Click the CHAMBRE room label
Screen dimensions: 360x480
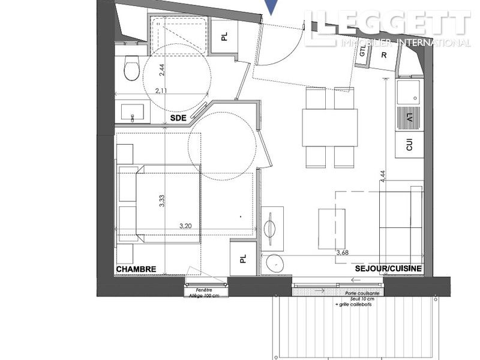click(x=136, y=269)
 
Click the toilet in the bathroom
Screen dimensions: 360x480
click(x=131, y=69)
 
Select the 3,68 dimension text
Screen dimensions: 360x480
click(x=343, y=253)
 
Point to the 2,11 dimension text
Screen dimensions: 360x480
click(x=161, y=91)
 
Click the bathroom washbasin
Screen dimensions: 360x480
click(x=133, y=112)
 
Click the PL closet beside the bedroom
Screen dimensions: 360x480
click(x=243, y=259)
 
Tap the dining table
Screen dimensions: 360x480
click(x=330, y=128)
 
